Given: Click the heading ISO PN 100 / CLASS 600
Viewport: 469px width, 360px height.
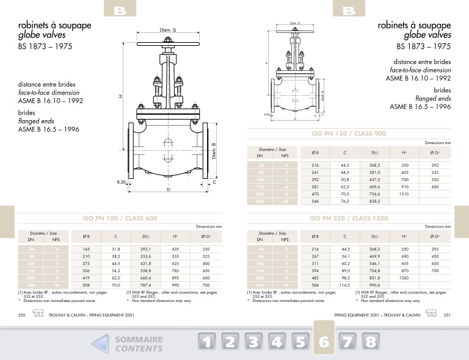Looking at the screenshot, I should click(120, 218).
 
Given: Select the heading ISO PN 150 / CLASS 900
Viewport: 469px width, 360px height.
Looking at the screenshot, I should click(348, 134).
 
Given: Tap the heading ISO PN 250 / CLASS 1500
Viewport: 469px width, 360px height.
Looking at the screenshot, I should click(348, 218).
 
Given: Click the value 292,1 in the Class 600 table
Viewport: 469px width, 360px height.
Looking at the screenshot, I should click(146, 249).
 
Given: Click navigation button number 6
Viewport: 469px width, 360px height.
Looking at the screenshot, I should click(324, 342).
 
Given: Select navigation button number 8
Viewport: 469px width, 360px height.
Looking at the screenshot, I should click(369, 342).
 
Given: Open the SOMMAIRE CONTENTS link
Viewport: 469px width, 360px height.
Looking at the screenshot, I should click(139, 344).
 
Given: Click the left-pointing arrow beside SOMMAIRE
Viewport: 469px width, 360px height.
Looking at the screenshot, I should click(101, 344).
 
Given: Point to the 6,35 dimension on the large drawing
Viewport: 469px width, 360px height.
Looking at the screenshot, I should click(122, 182).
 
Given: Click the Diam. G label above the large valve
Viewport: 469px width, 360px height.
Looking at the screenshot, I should click(168, 30).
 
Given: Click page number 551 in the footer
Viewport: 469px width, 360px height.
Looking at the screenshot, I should click(447, 314).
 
